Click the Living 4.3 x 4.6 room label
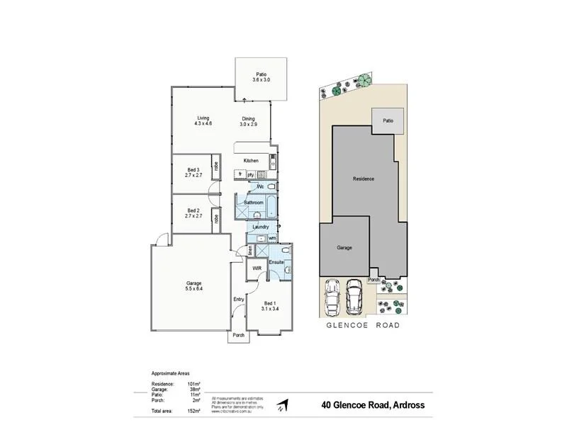(x=203, y=121)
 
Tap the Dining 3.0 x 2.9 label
(x=248, y=121)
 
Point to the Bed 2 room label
(x=193, y=212)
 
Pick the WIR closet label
(x=257, y=268)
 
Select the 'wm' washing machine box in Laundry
(x=271, y=238)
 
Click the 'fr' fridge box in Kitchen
(x=240, y=174)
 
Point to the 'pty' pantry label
(x=251, y=174)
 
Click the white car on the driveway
(x=332, y=297)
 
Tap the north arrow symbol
(x=283, y=406)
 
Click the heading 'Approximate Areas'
(x=170, y=373)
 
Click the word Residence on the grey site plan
(x=364, y=178)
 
